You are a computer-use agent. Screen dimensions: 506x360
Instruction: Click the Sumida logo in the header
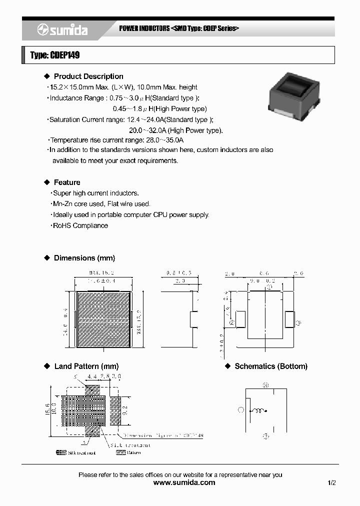tap(62, 30)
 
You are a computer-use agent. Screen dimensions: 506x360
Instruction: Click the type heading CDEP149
tap(55, 55)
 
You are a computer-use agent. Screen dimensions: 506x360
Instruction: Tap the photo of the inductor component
tap(293, 93)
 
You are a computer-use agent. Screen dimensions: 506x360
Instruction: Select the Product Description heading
tap(88, 76)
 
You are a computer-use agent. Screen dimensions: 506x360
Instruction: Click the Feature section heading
tap(67, 182)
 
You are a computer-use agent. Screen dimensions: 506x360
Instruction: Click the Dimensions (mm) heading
tap(84, 258)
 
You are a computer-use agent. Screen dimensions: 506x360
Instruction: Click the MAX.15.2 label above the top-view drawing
tap(102, 273)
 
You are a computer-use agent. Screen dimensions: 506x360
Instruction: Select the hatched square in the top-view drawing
tap(103, 319)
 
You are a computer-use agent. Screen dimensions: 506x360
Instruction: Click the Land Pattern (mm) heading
tap(86, 366)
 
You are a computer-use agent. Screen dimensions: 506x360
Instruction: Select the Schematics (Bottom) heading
tap(271, 366)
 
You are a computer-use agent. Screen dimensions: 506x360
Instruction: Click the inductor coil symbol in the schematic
tap(258, 411)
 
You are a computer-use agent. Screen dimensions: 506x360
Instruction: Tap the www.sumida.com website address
tap(184, 482)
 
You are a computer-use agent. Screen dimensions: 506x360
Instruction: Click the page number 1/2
tap(331, 483)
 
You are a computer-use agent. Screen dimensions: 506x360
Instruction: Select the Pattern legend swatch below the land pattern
tap(120, 452)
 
